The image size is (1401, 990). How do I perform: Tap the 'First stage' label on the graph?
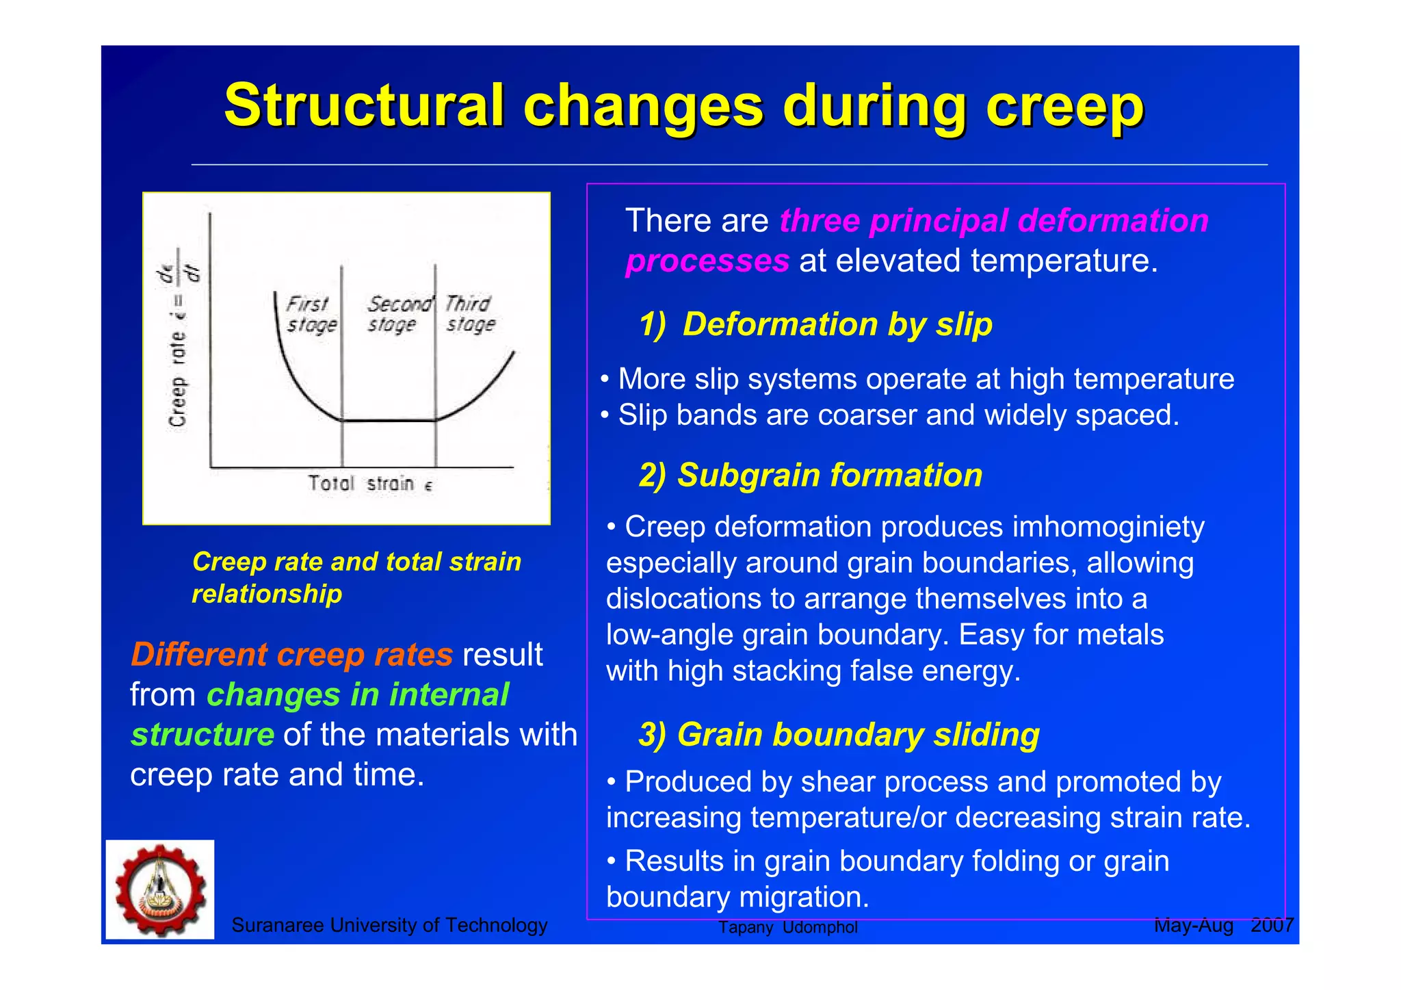tap(311, 314)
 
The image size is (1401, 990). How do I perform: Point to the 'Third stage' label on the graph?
tap(470, 314)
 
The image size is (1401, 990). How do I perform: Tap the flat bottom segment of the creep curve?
tap(389, 420)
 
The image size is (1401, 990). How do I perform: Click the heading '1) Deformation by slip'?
tap(815, 324)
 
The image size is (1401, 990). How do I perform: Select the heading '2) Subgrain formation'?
tap(811, 475)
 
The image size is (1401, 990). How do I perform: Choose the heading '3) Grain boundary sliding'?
tap(839, 735)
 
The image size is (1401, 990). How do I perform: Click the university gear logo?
tap(160, 889)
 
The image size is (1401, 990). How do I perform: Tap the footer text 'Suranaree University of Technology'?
tap(389, 925)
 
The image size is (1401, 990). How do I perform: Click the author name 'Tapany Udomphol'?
tap(787, 928)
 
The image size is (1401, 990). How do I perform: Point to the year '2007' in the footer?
tap(1272, 925)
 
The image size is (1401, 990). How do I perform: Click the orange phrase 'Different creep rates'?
tap(291, 655)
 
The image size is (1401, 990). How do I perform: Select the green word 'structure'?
tap(202, 735)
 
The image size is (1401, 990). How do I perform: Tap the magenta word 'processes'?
tap(707, 261)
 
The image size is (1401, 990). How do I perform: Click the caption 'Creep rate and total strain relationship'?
tap(356, 577)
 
